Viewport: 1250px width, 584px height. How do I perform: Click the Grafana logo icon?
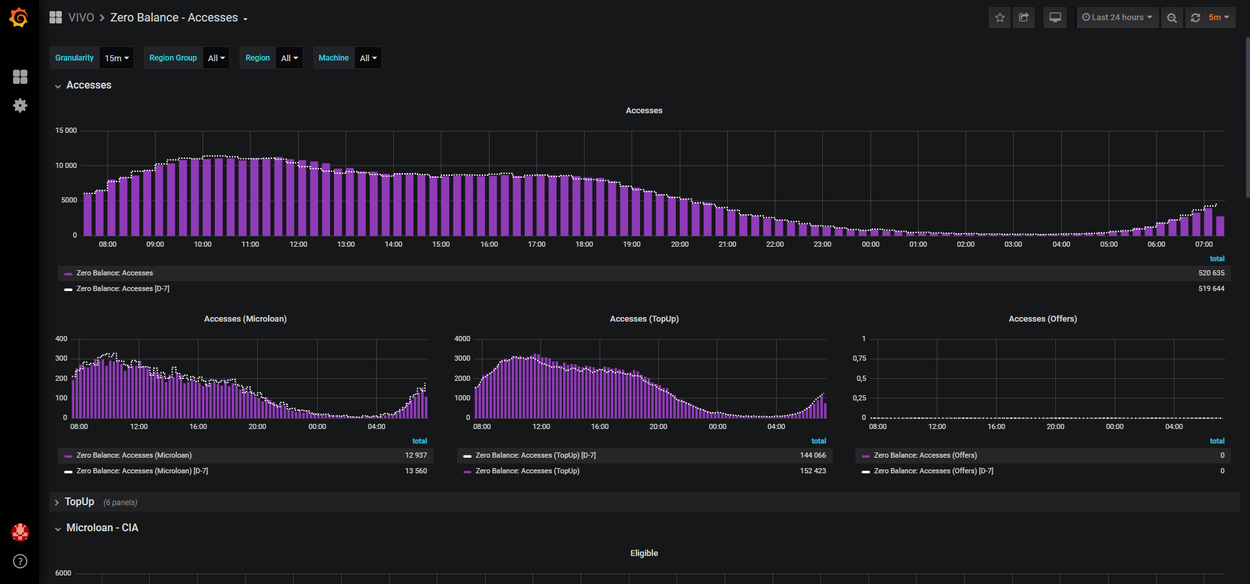coord(19,18)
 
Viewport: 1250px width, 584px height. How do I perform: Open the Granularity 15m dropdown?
coord(117,58)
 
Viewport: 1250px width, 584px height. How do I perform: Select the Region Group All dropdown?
coord(216,58)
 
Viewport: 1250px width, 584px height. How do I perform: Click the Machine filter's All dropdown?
coord(368,58)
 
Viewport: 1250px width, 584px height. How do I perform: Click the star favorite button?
coord(1000,18)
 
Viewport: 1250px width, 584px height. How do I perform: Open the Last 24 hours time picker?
coord(1117,18)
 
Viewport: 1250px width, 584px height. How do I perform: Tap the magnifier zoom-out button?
coord(1172,18)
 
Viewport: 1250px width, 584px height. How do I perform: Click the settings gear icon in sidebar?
coord(20,105)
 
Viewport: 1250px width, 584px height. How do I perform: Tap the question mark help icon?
coord(20,561)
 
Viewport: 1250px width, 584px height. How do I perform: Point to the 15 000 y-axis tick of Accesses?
coord(66,130)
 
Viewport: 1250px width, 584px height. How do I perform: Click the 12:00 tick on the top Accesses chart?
coord(298,244)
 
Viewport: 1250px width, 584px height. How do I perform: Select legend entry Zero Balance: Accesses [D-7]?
coord(123,288)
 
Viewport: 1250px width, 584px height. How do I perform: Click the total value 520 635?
coord(1211,273)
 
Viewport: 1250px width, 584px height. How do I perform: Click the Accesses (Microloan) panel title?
coord(245,318)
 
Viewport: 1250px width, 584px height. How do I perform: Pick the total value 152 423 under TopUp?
coord(812,471)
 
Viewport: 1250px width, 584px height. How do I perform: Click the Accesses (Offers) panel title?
coord(1042,318)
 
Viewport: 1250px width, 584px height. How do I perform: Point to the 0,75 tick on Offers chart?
coord(859,358)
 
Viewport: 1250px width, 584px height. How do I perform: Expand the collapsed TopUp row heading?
coord(79,502)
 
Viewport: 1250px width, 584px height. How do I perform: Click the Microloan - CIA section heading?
coord(102,527)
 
